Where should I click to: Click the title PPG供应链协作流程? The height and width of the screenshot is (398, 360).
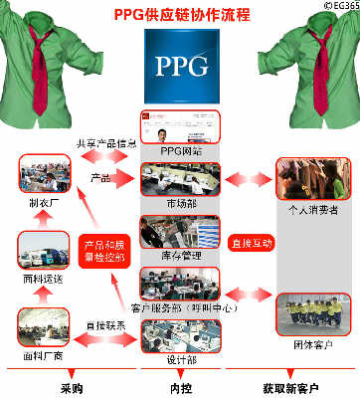(179, 15)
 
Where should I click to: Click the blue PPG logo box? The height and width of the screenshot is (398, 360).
(179, 65)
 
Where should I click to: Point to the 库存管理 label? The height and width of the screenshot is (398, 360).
(180, 256)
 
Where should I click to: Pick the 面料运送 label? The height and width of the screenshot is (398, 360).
(44, 281)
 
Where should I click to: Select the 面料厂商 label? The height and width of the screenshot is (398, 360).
(44, 354)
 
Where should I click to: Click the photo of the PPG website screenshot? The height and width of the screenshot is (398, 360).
(179, 126)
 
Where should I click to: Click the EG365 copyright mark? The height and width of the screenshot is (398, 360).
(338, 6)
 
